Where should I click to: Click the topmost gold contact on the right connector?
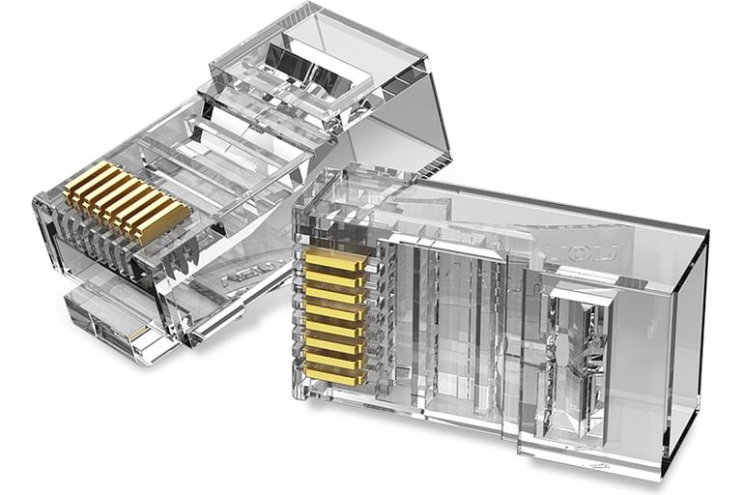coord(334,259)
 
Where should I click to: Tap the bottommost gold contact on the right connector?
coord(334,376)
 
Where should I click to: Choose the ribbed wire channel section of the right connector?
coord(454,319)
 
